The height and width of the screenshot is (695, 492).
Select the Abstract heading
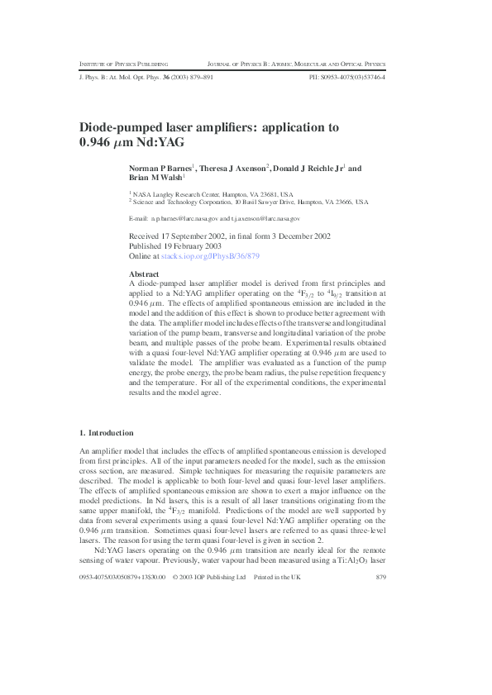pyautogui.click(x=144, y=273)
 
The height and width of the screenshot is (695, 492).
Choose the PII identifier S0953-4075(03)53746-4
pyautogui.click(x=346, y=78)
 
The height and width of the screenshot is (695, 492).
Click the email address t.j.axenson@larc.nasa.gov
pyautogui.click(x=265, y=218)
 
